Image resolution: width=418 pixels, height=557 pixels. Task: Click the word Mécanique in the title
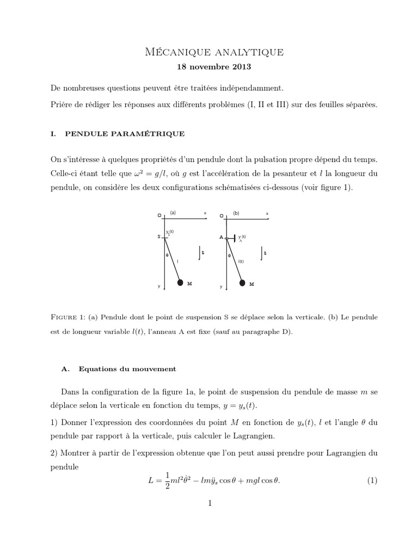pyautogui.click(x=169, y=52)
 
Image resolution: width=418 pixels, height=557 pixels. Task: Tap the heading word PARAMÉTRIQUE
pyautogui.click(x=150, y=133)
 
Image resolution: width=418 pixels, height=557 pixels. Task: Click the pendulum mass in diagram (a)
pyautogui.click(x=180, y=282)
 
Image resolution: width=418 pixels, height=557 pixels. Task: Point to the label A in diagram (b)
pyautogui.click(x=222, y=237)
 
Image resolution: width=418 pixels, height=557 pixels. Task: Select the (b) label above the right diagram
pyautogui.click(x=236, y=213)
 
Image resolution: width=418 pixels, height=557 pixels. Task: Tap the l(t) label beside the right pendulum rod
pyautogui.click(x=241, y=262)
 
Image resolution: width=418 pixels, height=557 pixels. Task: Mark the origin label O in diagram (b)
pyautogui.click(x=222, y=215)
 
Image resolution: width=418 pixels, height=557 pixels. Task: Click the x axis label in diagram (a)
pyautogui.click(x=205, y=213)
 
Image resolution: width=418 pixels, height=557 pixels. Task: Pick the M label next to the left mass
pyautogui.click(x=189, y=283)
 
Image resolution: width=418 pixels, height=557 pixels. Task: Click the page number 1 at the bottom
pyautogui.click(x=209, y=503)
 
